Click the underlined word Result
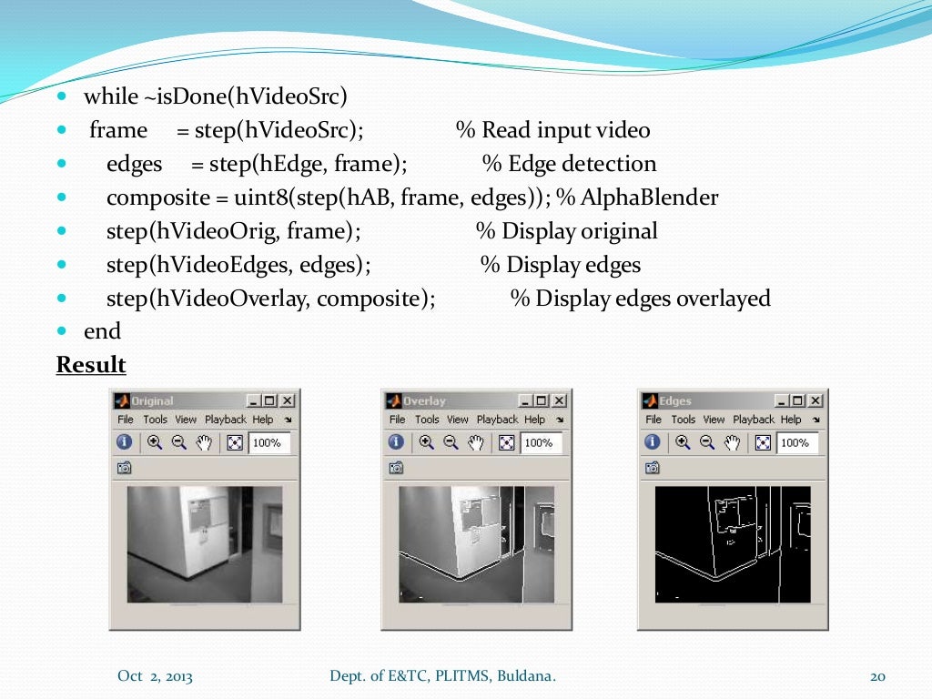pyautogui.click(x=91, y=365)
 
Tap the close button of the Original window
pyautogui.click(x=288, y=400)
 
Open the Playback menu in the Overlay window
pyautogui.click(x=497, y=420)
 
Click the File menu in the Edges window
pyautogui.click(x=653, y=420)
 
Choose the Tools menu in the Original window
pyautogui.click(x=155, y=420)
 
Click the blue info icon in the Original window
pyautogui.click(x=125, y=442)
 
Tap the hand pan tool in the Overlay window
pyautogui.click(x=476, y=442)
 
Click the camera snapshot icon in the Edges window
pyautogui.click(x=653, y=468)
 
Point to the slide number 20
pyautogui.click(x=878, y=676)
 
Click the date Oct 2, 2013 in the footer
pyautogui.click(x=155, y=676)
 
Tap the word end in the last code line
pyautogui.click(x=102, y=331)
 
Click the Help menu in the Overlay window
pyautogui.click(x=535, y=420)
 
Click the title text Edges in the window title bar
pyautogui.click(x=675, y=400)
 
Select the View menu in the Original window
pyautogui.click(x=186, y=420)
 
